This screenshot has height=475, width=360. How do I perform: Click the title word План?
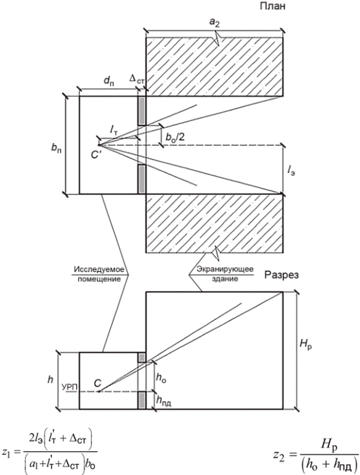tap(272, 6)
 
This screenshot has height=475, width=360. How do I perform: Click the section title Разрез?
tap(281, 275)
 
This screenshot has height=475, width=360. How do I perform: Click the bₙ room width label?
tap(56, 149)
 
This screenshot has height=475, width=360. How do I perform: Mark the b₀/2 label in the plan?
tap(175, 137)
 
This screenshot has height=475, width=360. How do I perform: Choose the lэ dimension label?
tap(291, 172)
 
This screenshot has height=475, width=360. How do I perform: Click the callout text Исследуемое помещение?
tap(99, 274)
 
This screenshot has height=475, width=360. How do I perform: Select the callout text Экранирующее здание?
tap(225, 274)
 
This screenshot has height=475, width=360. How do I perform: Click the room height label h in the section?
tap(50, 379)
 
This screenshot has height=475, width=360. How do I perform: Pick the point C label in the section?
tap(97, 383)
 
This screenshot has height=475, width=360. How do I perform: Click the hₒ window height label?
tap(161, 377)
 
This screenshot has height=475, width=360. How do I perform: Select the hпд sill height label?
tap(164, 401)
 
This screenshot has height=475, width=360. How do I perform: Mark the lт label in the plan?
tap(114, 130)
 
